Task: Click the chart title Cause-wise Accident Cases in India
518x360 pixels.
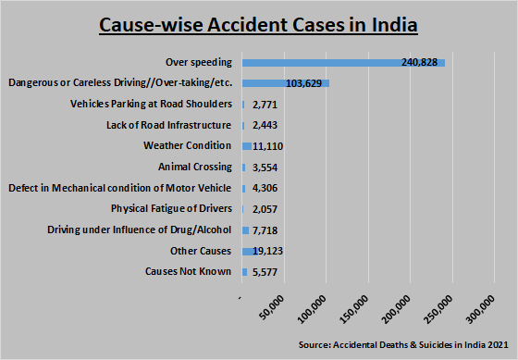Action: point(258,23)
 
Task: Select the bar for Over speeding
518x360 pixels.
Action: point(342,62)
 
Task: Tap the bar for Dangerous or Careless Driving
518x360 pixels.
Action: point(285,83)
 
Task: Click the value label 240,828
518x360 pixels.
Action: point(417,62)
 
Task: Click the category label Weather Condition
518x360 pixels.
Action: point(187,146)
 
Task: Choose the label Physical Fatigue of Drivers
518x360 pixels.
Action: point(171,209)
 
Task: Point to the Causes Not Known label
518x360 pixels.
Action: point(188,272)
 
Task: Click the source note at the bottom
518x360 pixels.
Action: point(403,344)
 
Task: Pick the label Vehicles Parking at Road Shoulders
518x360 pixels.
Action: point(151,104)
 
